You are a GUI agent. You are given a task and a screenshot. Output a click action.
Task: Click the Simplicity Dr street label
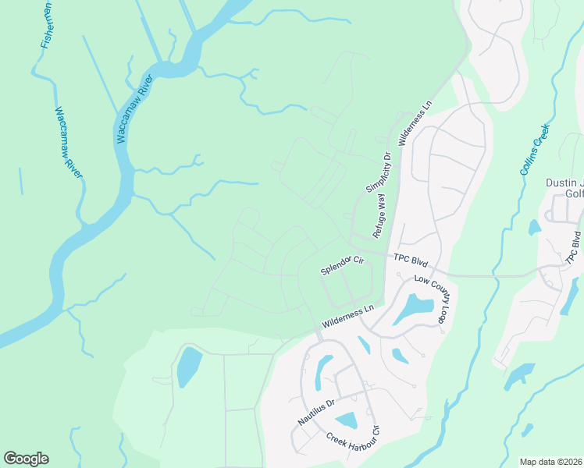378,173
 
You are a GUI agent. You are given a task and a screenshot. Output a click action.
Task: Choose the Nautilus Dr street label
315,412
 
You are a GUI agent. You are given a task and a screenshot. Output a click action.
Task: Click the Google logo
26,459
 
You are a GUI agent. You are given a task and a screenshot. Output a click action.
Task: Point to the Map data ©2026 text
550,462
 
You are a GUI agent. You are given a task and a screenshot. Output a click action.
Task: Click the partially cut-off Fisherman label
46,24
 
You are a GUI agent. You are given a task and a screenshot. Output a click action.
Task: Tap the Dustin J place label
564,183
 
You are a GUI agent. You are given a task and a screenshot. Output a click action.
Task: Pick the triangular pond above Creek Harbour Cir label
346,421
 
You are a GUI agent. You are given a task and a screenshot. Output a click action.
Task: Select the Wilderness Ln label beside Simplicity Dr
415,122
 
